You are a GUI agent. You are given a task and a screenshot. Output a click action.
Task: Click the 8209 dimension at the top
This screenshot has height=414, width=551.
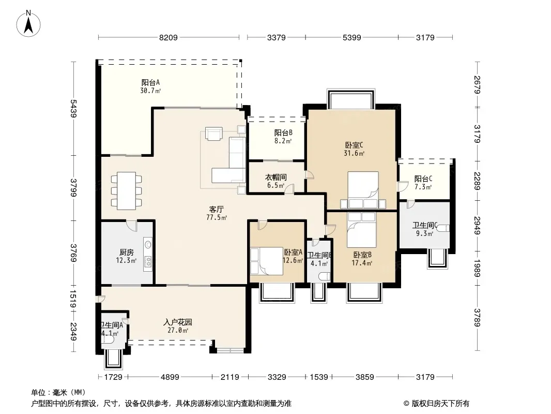coord(169,37)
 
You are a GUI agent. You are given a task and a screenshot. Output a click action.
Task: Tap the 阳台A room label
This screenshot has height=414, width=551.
coord(150,82)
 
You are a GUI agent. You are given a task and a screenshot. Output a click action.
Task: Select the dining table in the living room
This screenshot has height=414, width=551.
coord(127,190)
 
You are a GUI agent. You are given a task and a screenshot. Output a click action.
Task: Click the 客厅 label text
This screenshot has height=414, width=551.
coord(216,209)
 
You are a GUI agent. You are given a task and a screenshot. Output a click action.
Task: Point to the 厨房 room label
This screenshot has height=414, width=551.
coord(126,252)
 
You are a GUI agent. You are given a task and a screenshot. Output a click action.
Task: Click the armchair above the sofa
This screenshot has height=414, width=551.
coord(214,134)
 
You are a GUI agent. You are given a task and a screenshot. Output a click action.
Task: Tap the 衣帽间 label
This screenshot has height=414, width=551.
coord(276,177)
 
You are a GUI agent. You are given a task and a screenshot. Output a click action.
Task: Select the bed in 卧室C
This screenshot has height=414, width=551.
coord(363,190)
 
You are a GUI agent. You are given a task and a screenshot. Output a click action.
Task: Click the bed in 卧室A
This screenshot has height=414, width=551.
coord(266,261)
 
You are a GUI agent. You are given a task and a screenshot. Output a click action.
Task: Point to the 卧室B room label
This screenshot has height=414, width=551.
coord(362,255)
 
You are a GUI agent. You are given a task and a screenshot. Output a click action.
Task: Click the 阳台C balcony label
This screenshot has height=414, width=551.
coord(423,179)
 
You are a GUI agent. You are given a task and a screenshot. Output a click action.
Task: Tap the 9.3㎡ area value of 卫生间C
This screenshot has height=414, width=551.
coord(424,233)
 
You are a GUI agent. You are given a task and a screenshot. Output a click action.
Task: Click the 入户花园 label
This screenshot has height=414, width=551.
coord(178,322)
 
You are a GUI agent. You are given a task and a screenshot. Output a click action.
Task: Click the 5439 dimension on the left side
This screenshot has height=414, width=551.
coord(73,108)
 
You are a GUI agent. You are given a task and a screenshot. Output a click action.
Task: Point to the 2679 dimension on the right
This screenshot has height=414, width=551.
coord(477,85)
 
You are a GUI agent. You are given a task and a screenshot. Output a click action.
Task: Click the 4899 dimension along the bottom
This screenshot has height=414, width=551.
coord(170,377)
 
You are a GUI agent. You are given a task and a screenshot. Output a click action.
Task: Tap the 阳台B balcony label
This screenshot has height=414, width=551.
coord(283,132)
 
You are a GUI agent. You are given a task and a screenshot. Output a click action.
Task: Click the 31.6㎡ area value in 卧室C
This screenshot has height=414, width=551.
coord(354,153)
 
